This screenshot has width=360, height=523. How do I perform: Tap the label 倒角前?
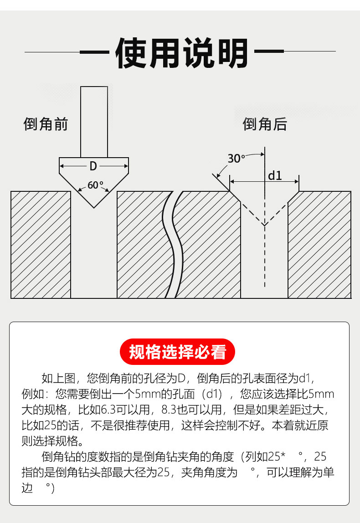[x=46, y=124]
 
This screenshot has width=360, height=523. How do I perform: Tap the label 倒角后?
[x=265, y=124]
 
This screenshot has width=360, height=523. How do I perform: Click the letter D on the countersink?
[x=93, y=166]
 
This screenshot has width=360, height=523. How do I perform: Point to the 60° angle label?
[x=95, y=185]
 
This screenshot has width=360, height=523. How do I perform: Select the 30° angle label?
[x=236, y=159]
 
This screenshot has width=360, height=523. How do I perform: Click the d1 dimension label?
[x=275, y=175]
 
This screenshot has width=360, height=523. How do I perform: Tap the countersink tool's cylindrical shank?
[x=94, y=121]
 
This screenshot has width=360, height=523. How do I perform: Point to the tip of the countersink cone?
[x=94, y=207]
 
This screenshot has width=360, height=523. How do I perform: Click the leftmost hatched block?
[x=41, y=245]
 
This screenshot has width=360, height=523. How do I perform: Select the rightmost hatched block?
[x=319, y=245]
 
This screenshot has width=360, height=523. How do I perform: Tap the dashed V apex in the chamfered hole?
[x=264, y=225]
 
